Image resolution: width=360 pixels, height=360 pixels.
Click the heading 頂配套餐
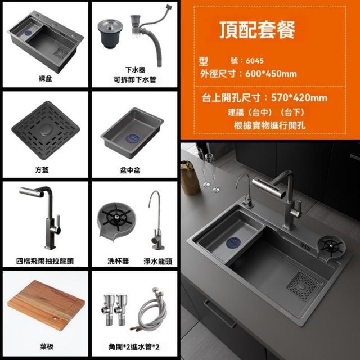click(x=257, y=30)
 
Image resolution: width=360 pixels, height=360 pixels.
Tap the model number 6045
click(x=255, y=61)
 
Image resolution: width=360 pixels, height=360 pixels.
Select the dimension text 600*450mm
click(x=271, y=74)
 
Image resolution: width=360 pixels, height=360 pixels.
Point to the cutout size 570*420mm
click(x=299, y=98)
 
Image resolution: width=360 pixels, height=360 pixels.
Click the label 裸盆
click(x=45, y=79)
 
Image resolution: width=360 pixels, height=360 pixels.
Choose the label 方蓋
click(x=42, y=170)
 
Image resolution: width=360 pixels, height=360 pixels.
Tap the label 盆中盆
click(x=130, y=170)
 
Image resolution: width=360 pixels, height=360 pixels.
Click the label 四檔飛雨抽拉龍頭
click(x=45, y=261)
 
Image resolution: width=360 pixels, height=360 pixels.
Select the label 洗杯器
click(x=118, y=261)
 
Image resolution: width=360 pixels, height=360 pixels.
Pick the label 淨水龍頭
click(x=158, y=261)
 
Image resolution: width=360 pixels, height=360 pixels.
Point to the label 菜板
click(x=47, y=346)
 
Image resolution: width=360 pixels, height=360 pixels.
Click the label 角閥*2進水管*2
click(x=134, y=346)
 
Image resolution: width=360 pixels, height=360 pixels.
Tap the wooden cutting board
click(x=46, y=305)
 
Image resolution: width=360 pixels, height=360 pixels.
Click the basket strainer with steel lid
click(x=110, y=34)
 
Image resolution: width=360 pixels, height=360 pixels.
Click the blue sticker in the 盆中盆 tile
click(x=133, y=138)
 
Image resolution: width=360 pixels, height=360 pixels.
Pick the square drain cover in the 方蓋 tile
click(x=46, y=130)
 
